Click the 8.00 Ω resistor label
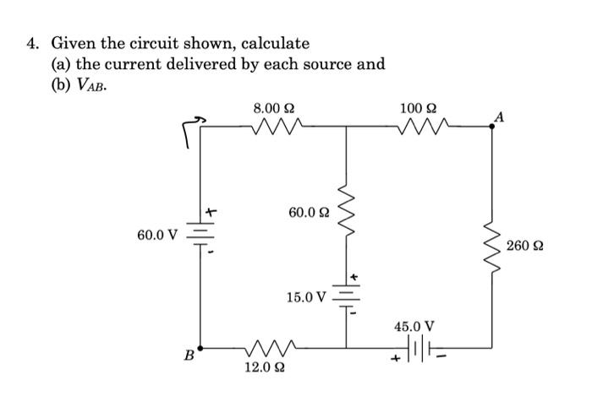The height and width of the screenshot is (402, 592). pos(274,108)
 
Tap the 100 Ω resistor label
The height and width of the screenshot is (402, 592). pos(418,108)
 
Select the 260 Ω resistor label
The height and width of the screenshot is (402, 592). pos(525,247)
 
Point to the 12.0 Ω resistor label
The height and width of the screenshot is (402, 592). pos(261,367)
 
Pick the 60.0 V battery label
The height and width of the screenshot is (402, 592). pos(156,233)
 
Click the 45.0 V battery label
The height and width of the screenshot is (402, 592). pos(414,325)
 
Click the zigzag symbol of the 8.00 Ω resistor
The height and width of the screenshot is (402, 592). pos(274,128)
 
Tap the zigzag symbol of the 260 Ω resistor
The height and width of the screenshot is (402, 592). pos(493,245)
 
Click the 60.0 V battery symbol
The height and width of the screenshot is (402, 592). pos(201,233)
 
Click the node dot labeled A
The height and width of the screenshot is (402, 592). pos(493,127)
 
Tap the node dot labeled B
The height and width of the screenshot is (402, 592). pos(201,346)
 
